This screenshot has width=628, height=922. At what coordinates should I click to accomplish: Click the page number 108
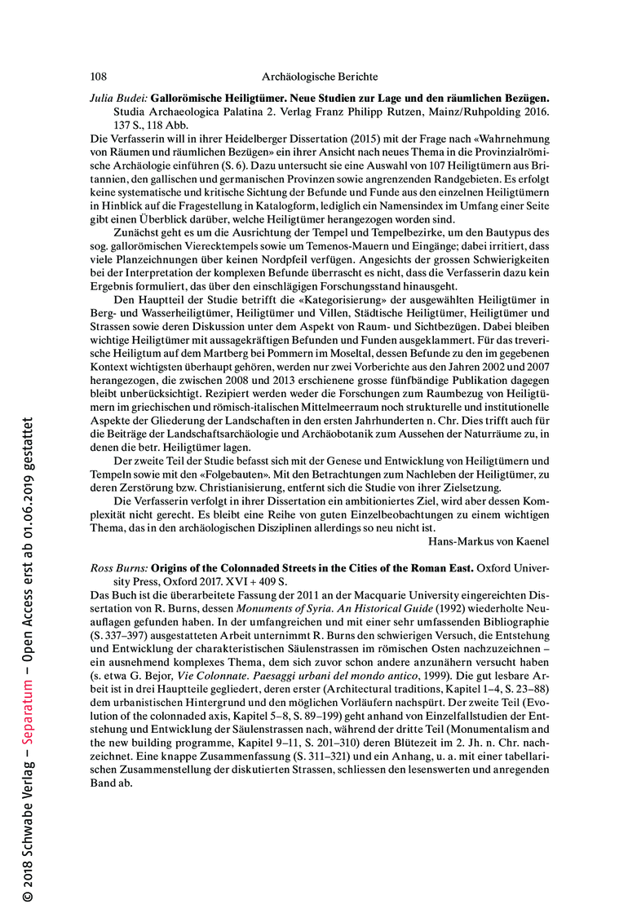click(x=98, y=77)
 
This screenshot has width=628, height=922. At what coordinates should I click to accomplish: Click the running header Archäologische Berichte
click(x=320, y=77)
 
